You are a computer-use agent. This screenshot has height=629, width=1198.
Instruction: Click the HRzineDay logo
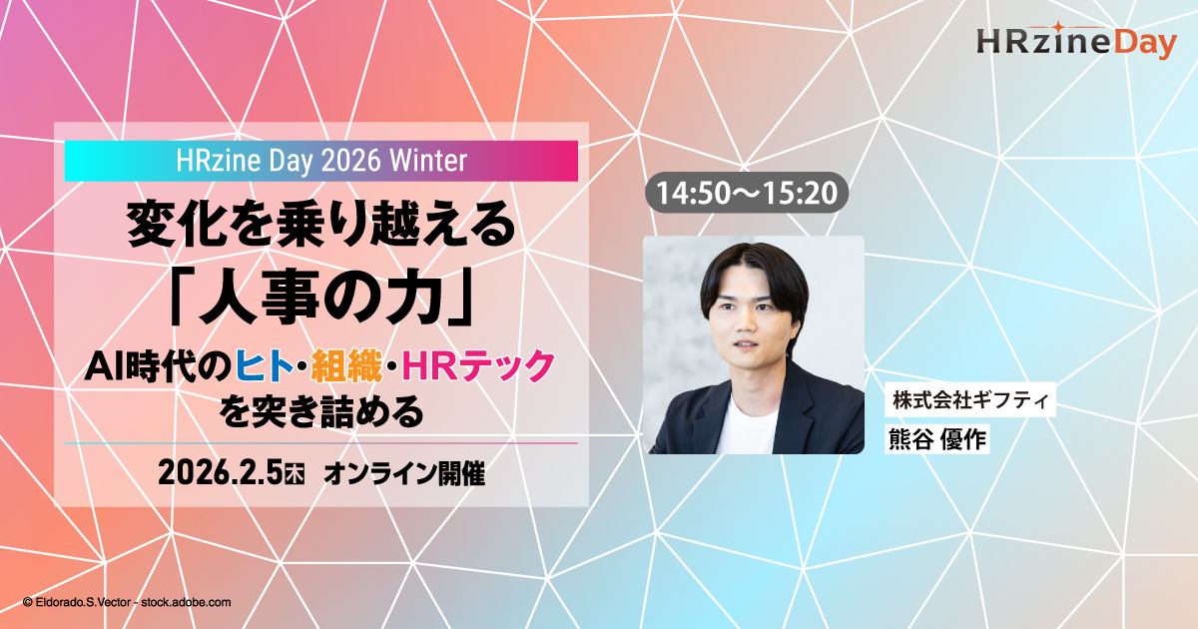[x=1076, y=41]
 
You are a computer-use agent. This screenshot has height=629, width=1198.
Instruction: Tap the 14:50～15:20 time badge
[x=747, y=193]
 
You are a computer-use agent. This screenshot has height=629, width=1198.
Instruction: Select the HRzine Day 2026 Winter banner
[x=320, y=161]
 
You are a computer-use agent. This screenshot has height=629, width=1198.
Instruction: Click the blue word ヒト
[x=265, y=365]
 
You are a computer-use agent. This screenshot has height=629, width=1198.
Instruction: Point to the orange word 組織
[x=346, y=365]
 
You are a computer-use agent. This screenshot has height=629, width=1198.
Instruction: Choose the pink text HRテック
[x=478, y=365]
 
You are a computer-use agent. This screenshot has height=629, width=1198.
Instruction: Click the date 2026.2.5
[x=220, y=473]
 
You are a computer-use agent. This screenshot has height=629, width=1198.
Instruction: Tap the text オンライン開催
[x=404, y=474]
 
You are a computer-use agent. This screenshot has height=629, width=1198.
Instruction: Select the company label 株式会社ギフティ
[x=970, y=399]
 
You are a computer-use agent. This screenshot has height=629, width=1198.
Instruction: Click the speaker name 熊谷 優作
[x=937, y=439]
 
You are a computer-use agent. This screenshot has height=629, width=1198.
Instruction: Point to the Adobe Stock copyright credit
[x=127, y=602]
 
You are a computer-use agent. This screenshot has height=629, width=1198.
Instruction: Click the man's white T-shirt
[x=749, y=428]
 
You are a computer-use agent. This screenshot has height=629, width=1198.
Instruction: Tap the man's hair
[x=754, y=273]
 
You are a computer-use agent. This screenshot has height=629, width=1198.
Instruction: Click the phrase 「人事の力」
[x=320, y=297]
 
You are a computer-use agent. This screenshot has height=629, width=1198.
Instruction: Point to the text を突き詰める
[x=320, y=411]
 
